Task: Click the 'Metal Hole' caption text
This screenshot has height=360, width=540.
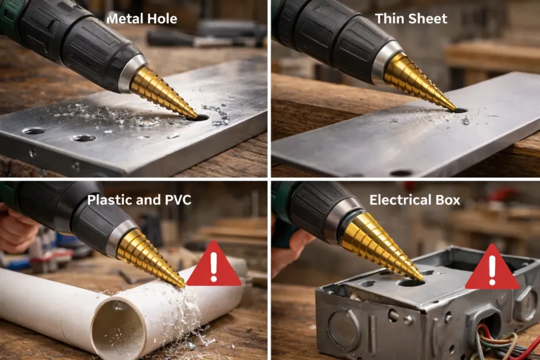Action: (x=142, y=18)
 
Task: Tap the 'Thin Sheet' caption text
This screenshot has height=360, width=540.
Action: (x=411, y=18)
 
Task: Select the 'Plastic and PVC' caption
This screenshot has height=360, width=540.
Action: (x=139, y=200)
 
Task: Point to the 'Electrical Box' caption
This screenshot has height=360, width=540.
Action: (x=414, y=200)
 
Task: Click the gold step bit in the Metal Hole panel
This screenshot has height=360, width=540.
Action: (x=162, y=93)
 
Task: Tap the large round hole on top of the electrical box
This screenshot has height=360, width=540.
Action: (x=410, y=283)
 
